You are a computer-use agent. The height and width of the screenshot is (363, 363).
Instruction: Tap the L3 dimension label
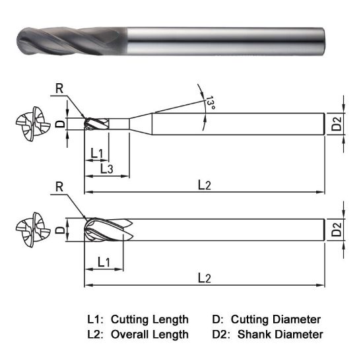click(106, 169)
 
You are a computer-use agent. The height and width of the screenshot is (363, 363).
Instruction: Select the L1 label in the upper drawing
click(96, 153)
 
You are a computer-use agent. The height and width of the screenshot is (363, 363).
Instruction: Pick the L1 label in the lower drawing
click(103, 262)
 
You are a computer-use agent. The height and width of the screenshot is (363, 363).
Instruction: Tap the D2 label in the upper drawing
click(336, 123)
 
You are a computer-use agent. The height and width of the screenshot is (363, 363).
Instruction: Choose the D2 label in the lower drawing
click(337, 230)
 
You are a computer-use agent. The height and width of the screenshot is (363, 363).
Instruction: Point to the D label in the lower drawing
click(59, 230)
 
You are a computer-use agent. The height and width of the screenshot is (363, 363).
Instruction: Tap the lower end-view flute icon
click(31, 230)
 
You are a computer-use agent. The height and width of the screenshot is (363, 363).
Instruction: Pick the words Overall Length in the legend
click(150, 335)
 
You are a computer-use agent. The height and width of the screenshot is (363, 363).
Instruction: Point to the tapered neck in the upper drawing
click(140, 123)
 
